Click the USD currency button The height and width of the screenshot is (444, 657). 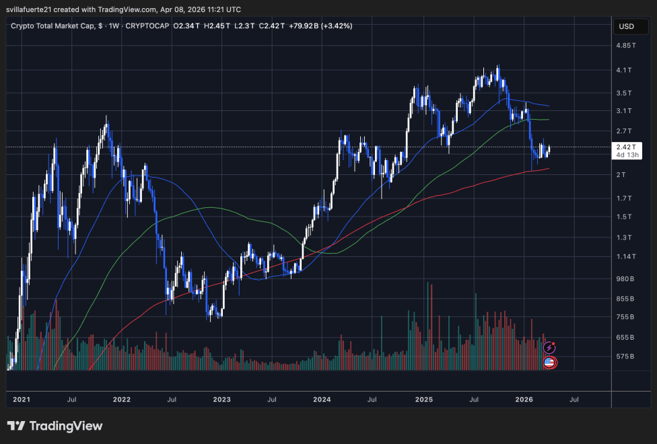(626, 27)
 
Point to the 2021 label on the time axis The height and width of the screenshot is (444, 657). (22, 400)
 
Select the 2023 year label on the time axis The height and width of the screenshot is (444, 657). (221, 400)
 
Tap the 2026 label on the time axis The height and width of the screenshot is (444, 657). (524, 400)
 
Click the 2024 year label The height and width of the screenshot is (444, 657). (322, 400)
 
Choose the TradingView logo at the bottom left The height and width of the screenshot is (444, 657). (55, 426)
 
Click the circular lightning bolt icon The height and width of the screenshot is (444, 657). (549, 348)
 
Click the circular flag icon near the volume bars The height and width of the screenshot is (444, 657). (549, 363)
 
